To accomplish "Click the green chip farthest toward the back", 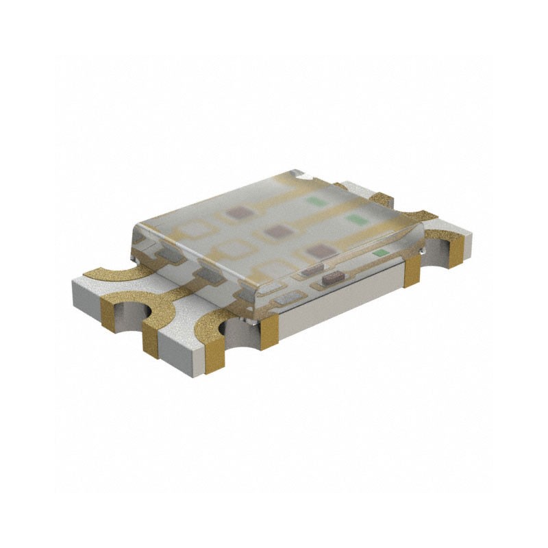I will (x=315, y=202).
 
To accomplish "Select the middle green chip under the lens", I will (x=355, y=219).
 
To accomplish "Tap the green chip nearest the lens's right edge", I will (x=378, y=253).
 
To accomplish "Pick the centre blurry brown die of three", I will (x=275, y=232).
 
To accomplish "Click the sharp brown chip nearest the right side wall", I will (x=334, y=277).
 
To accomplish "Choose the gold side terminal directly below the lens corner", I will (x=269, y=327).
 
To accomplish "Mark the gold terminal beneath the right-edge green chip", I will (x=412, y=273).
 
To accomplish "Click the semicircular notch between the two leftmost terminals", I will (x=129, y=316).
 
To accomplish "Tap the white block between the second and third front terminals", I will (x=182, y=349).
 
